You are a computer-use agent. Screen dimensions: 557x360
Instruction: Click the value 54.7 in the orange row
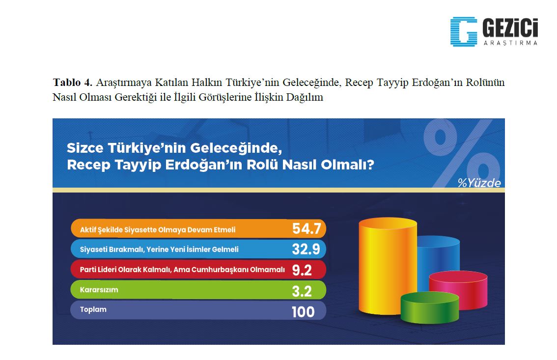pyautogui.click(x=306, y=228)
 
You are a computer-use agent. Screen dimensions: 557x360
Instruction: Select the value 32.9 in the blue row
pyautogui.click(x=306, y=249)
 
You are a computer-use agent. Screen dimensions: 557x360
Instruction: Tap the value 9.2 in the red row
pyautogui.click(x=302, y=270)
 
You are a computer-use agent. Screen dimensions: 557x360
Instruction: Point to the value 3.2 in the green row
pyautogui.click(x=302, y=291)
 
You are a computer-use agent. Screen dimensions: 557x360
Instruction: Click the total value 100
pyautogui.click(x=303, y=312)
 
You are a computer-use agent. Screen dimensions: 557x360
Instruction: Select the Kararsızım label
pyautogui.click(x=99, y=290)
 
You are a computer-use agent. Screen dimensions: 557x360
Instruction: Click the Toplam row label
pyautogui.click(x=93, y=309)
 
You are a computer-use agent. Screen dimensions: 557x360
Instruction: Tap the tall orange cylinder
pyautogui.click(x=387, y=266)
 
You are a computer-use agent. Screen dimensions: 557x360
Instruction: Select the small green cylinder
pyautogui.click(x=429, y=307)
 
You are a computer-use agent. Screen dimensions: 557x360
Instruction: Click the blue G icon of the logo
pyautogui.click(x=464, y=31)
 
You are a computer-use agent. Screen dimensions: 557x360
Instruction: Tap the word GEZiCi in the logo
pyautogui.click(x=510, y=28)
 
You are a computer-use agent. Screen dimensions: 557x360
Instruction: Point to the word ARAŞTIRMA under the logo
pyautogui.click(x=510, y=43)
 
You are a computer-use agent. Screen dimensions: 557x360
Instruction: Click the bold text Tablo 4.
pyautogui.click(x=73, y=83)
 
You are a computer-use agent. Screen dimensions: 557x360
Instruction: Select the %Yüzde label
pyautogui.click(x=479, y=183)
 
